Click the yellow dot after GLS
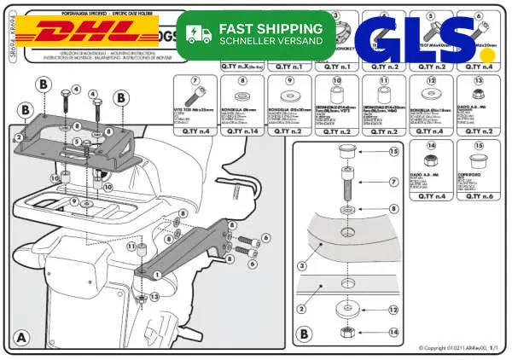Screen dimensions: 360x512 (x=486, y=54)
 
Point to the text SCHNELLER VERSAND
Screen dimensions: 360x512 (x=271, y=41)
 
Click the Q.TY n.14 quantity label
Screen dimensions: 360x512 (x=241, y=131)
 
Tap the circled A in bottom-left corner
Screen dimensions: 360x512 (x=22, y=336)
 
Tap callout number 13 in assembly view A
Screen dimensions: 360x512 (x=154, y=297)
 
